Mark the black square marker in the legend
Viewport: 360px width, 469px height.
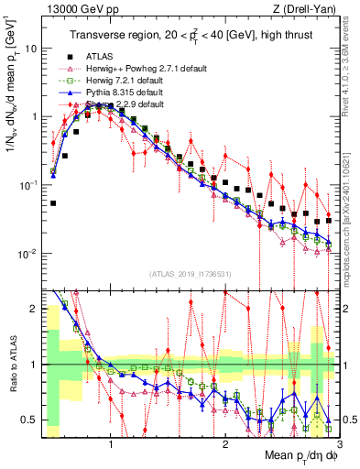click(70, 57)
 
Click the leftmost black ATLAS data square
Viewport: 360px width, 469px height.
click(53, 203)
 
